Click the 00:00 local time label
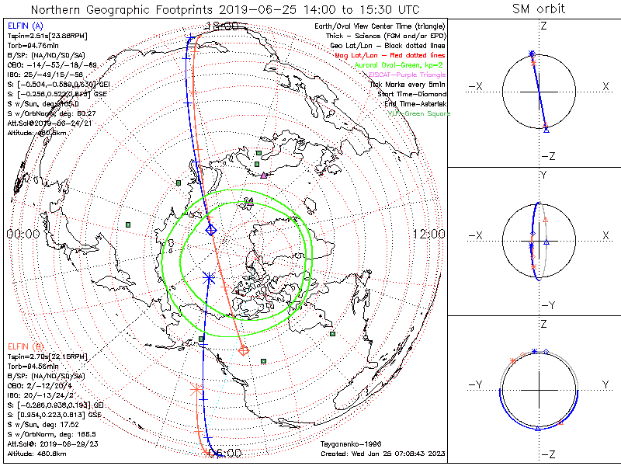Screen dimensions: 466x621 tap(23, 234)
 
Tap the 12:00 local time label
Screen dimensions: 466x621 tap(428, 234)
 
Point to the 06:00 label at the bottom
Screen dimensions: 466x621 tap(225, 454)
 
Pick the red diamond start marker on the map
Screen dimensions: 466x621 tap(244, 350)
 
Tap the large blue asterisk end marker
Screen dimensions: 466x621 tap(208, 276)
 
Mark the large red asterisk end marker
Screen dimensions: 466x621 tap(196, 388)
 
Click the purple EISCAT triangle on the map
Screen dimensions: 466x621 tap(264, 176)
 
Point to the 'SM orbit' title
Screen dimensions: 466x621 tap(539, 9)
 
